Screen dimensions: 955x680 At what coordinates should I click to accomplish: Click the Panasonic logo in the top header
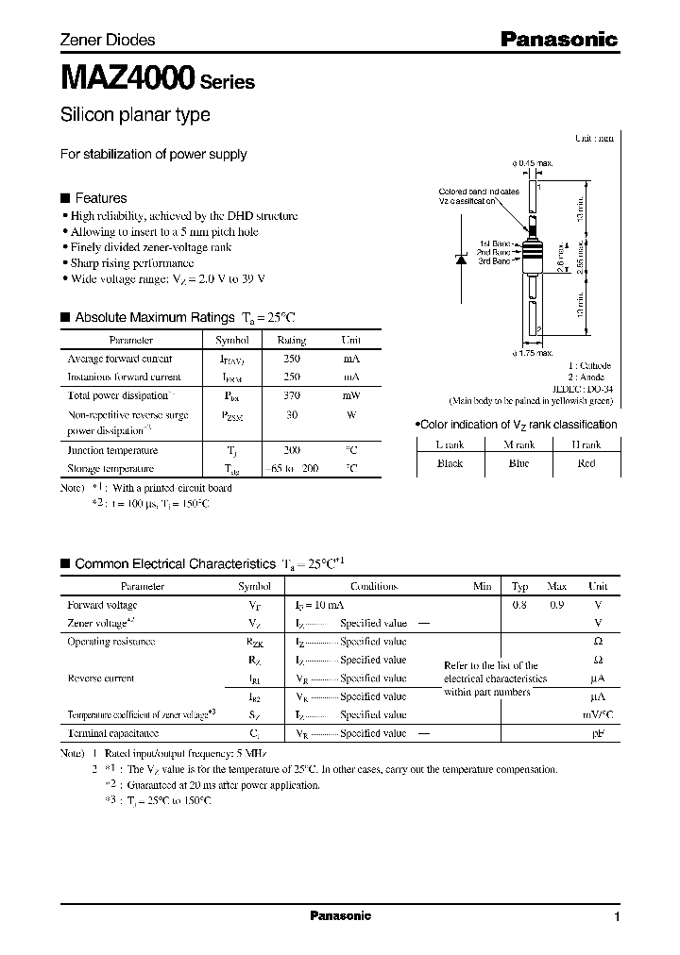558,40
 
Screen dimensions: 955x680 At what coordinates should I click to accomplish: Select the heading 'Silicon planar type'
135,115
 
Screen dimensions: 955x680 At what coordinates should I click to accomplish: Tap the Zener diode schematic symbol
463,260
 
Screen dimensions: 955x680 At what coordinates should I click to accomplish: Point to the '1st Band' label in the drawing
495,243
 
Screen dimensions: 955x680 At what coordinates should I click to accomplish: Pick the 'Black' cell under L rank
450,463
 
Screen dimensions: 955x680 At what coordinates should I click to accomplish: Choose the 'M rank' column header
519,444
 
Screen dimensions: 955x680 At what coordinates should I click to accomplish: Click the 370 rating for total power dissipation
293,397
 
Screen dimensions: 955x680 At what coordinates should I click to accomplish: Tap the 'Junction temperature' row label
112,451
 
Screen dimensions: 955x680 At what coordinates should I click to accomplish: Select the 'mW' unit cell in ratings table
350,397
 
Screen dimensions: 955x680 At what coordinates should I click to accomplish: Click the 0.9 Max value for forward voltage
557,605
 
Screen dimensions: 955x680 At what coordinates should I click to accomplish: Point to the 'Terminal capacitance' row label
112,733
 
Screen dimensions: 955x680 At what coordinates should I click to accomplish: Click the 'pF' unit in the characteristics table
597,733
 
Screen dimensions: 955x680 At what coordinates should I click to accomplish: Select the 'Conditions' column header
374,586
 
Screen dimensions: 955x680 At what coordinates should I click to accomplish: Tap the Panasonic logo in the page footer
340,916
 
